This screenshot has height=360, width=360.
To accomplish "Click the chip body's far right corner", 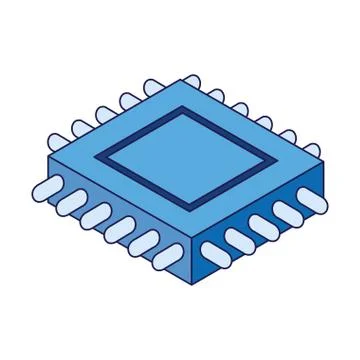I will [322, 161].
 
